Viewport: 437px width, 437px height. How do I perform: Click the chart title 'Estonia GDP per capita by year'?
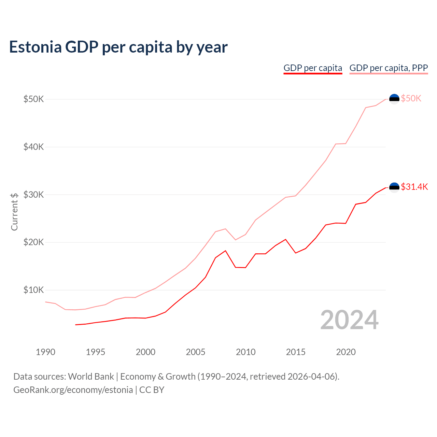point(118,47)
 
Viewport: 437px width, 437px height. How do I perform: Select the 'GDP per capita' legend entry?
point(313,68)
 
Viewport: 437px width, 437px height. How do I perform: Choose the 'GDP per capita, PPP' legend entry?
point(389,68)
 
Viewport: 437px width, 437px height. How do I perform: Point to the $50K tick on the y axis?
point(33,99)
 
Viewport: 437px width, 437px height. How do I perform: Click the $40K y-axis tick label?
point(33,147)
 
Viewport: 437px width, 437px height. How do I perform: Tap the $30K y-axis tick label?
point(33,195)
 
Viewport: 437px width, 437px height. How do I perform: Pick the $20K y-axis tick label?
point(33,242)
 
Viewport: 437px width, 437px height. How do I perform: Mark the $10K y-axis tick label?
point(33,290)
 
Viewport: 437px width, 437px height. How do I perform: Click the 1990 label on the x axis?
point(45,352)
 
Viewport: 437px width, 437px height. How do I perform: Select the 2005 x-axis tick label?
point(196,352)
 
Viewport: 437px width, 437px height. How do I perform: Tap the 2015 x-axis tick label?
point(296,352)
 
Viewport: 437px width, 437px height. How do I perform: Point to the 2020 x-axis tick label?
point(346,352)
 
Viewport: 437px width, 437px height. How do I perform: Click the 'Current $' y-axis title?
point(14,212)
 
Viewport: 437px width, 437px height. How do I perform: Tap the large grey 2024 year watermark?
point(349,320)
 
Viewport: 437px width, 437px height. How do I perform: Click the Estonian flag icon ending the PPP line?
point(394,99)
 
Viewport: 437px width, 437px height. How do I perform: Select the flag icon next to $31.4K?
point(394,187)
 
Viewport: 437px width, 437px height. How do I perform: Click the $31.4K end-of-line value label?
point(414,187)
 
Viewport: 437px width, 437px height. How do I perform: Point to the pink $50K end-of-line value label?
point(411,99)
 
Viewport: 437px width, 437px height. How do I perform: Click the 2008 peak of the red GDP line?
point(225,251)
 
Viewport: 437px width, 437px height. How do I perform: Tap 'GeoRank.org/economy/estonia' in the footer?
point(73,390)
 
